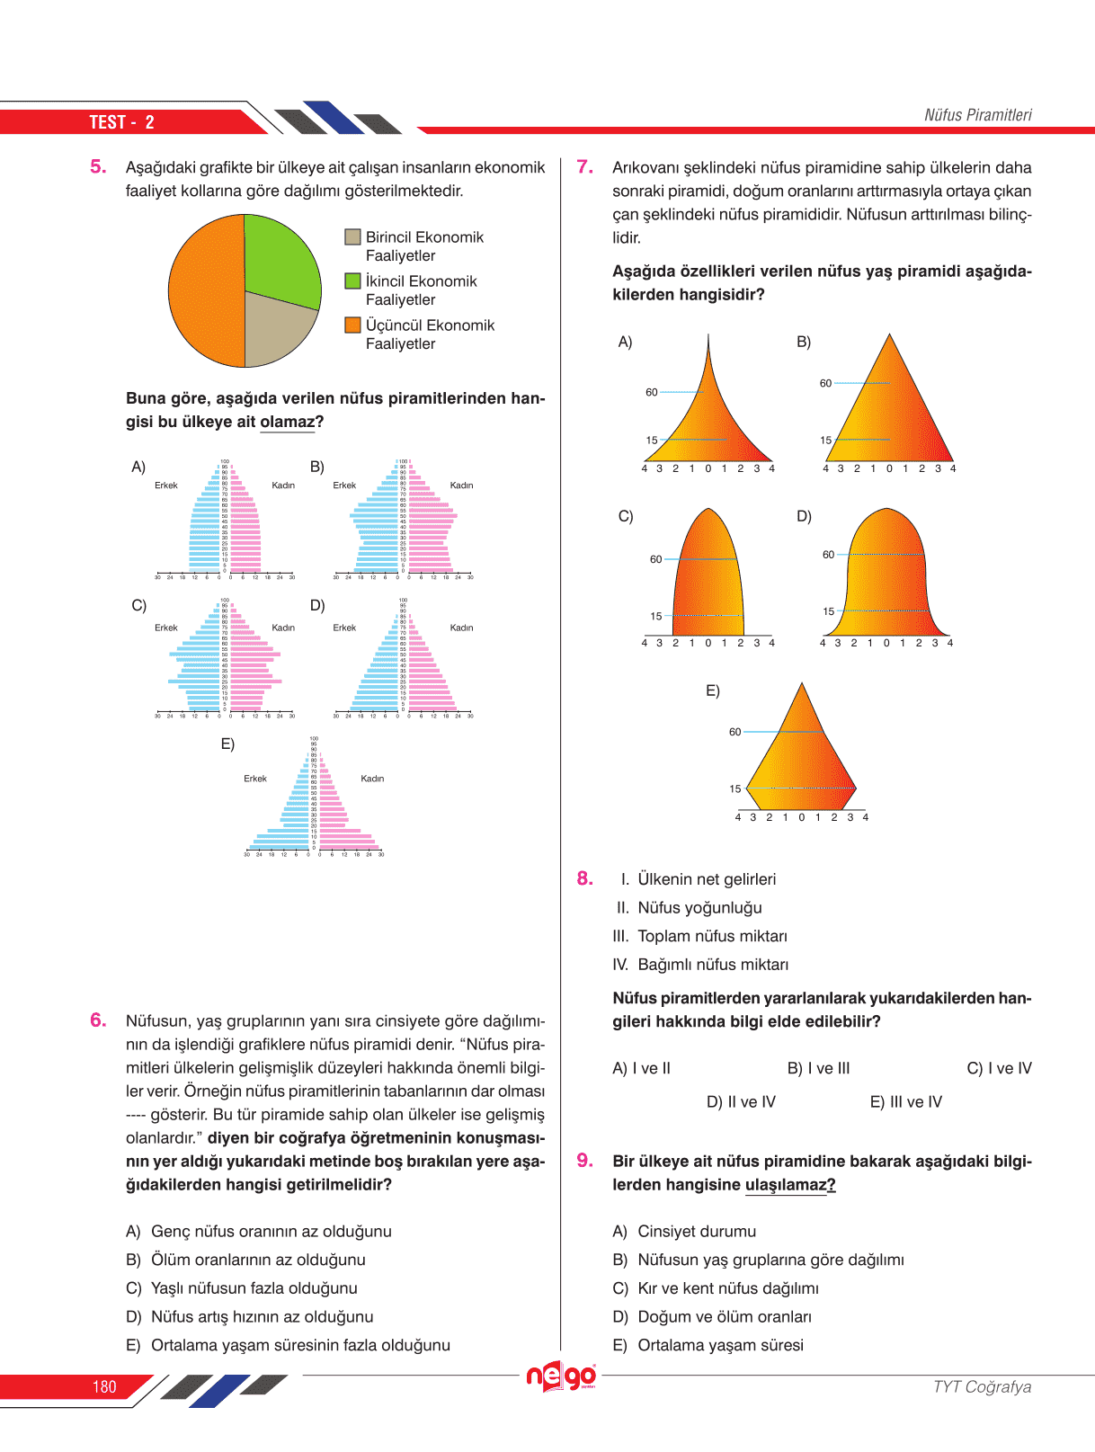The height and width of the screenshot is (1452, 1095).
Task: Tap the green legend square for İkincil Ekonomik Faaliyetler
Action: [353, 281]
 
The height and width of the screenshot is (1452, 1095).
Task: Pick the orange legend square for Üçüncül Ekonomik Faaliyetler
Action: [353, 325]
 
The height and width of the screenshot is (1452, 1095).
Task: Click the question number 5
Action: [98, 167]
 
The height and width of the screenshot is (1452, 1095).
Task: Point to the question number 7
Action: [584, 167]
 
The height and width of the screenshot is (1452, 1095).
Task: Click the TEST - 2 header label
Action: [121, 122]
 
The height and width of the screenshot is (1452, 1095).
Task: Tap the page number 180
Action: [104, 1387]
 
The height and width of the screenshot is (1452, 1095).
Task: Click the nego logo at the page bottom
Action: [561, 1376]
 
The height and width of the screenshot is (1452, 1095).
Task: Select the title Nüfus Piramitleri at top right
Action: [977, 115]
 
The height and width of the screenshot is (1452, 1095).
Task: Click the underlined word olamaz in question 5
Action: [287, 422]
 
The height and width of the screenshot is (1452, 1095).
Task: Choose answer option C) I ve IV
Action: [999, 1068]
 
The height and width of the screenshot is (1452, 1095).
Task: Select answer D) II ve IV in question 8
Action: [741, 1101]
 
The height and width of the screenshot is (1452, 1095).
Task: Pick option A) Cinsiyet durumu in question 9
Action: [684, 1231]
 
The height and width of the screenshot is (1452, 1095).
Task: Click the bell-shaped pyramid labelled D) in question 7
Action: [886, 580]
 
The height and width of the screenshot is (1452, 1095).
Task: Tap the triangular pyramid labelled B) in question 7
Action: [889, 409]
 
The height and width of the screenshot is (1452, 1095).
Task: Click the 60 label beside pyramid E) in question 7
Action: [734, 732]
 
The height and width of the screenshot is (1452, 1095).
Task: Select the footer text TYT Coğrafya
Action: [982, 1386]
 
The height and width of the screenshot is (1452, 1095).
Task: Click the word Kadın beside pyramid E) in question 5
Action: [372, 779]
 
